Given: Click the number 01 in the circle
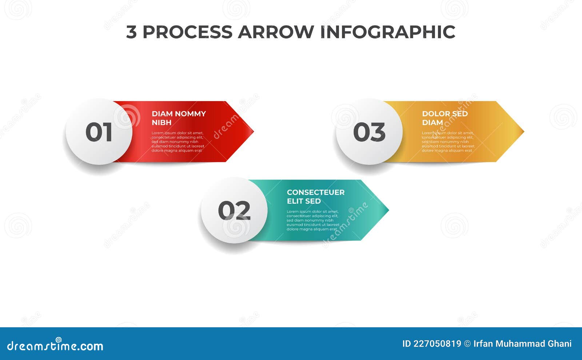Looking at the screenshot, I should point(99,132).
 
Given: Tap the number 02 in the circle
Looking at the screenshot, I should point(234,211).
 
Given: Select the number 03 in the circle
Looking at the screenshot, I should point(369,132).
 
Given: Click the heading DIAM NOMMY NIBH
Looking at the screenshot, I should point(178,118).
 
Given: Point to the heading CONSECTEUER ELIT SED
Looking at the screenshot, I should point(315,196).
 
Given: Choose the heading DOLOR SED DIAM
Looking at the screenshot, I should point(445,118).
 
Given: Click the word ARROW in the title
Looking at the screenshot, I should point(276,32).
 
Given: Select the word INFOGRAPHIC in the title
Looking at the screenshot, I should point(387,32).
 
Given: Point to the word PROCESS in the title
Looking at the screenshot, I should point(187,32).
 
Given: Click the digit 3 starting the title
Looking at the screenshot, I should point(131,32).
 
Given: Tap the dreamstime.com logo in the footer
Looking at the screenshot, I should point(55,345).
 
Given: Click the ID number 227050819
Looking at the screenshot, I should point(437,344).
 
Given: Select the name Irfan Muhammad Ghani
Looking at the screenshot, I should point(522,344).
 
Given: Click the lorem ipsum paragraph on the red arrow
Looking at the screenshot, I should point(178,142).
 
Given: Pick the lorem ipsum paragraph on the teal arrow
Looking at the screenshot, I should point(312,220).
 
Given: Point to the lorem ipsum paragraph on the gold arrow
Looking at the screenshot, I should point(448,142).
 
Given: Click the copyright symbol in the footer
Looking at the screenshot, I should point(467,344).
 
